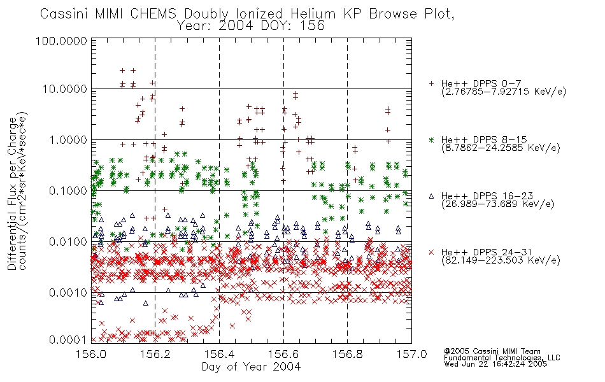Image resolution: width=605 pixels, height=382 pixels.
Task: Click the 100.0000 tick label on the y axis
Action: (x=61, y=41)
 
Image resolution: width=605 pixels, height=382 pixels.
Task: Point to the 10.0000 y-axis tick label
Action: (x=64, y=89)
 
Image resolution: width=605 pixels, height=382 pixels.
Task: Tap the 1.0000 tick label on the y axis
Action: (x=68, y=139)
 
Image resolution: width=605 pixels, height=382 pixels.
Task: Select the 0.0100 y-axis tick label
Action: (x=68, y=242)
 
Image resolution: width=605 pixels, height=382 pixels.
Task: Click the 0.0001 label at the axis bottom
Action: (x=68, y=340)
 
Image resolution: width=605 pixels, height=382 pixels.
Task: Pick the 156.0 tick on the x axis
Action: (x=92, y=354)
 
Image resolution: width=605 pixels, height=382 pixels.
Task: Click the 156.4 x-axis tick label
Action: (x=219, y=354)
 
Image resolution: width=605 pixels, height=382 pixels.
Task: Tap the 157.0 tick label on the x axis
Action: (x=411, y=354)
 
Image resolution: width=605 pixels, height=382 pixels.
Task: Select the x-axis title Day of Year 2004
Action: (x=251, y=367)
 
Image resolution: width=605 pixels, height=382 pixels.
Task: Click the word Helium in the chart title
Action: (x=313, y=14)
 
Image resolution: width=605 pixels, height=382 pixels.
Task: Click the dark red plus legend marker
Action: (x=431, y=83)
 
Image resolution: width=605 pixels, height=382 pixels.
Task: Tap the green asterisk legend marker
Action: (x=431, y=139)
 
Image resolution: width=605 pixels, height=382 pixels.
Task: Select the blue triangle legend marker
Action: (x=431, y=196)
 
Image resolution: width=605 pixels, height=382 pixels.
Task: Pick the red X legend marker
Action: (x=431, y=252)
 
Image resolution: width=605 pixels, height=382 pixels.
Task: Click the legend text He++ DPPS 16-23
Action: (x=487, y=196)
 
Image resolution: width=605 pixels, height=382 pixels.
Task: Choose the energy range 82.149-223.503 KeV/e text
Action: (x=501, y=260)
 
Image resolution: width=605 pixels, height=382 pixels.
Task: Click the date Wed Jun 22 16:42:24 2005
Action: (x=495, y=364)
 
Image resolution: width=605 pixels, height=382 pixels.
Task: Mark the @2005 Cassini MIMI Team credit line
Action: (x=492, y=351)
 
